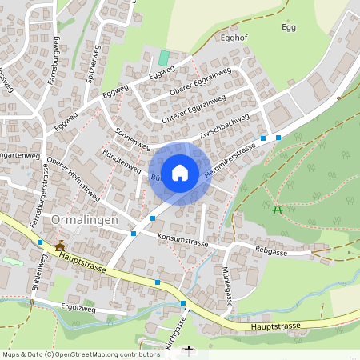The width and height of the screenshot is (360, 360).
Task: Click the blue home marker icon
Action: pyautogui.click(x=180, y=172)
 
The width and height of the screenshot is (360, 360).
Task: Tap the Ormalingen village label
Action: pyautogui.click(x=85, y=220)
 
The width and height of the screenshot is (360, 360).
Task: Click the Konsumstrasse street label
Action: pyautogui.click(x=182, y=238)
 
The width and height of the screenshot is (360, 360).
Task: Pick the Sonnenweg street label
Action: pyautogui.click(x=133, y=138)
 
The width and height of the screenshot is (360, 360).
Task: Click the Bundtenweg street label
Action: pyautogui.click(x=122, y=160)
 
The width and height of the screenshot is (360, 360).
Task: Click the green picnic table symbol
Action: pyautogui.click(x=278, y=209)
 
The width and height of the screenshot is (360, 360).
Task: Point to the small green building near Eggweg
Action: pyautogui.click(x=164, y=58)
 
